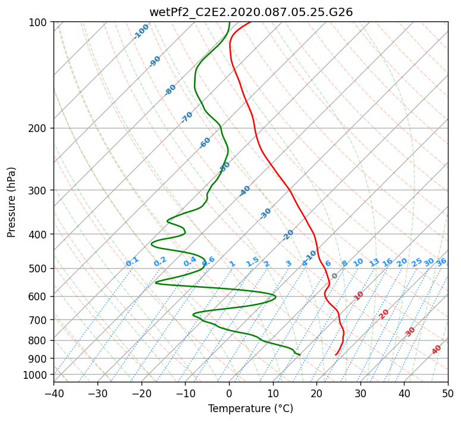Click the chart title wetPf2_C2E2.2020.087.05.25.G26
tap(251, 12)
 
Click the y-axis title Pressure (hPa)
tap(11, 202)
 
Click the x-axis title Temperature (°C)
tap(251, 409)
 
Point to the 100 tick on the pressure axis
tap(38, 23)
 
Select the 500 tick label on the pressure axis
tap(38, 269)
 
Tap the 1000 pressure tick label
tap(36, 375)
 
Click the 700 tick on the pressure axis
tap(38, 320)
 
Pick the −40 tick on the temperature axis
tap(54, 393)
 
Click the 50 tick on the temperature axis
tap(448, 393)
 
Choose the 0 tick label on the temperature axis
tap(230, 393)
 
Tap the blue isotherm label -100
tap(141, 32)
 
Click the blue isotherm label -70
tap(187, 117)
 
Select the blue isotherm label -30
tap(265, 213)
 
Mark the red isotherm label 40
tap(436, 350)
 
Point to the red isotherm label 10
tap(359, 296)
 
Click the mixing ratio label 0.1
tap(132, 262)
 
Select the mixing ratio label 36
tap(441, 262)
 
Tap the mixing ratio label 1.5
tap(253, 262)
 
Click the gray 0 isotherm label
tap(334, 276)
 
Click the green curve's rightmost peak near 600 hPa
tap(275, 297)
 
